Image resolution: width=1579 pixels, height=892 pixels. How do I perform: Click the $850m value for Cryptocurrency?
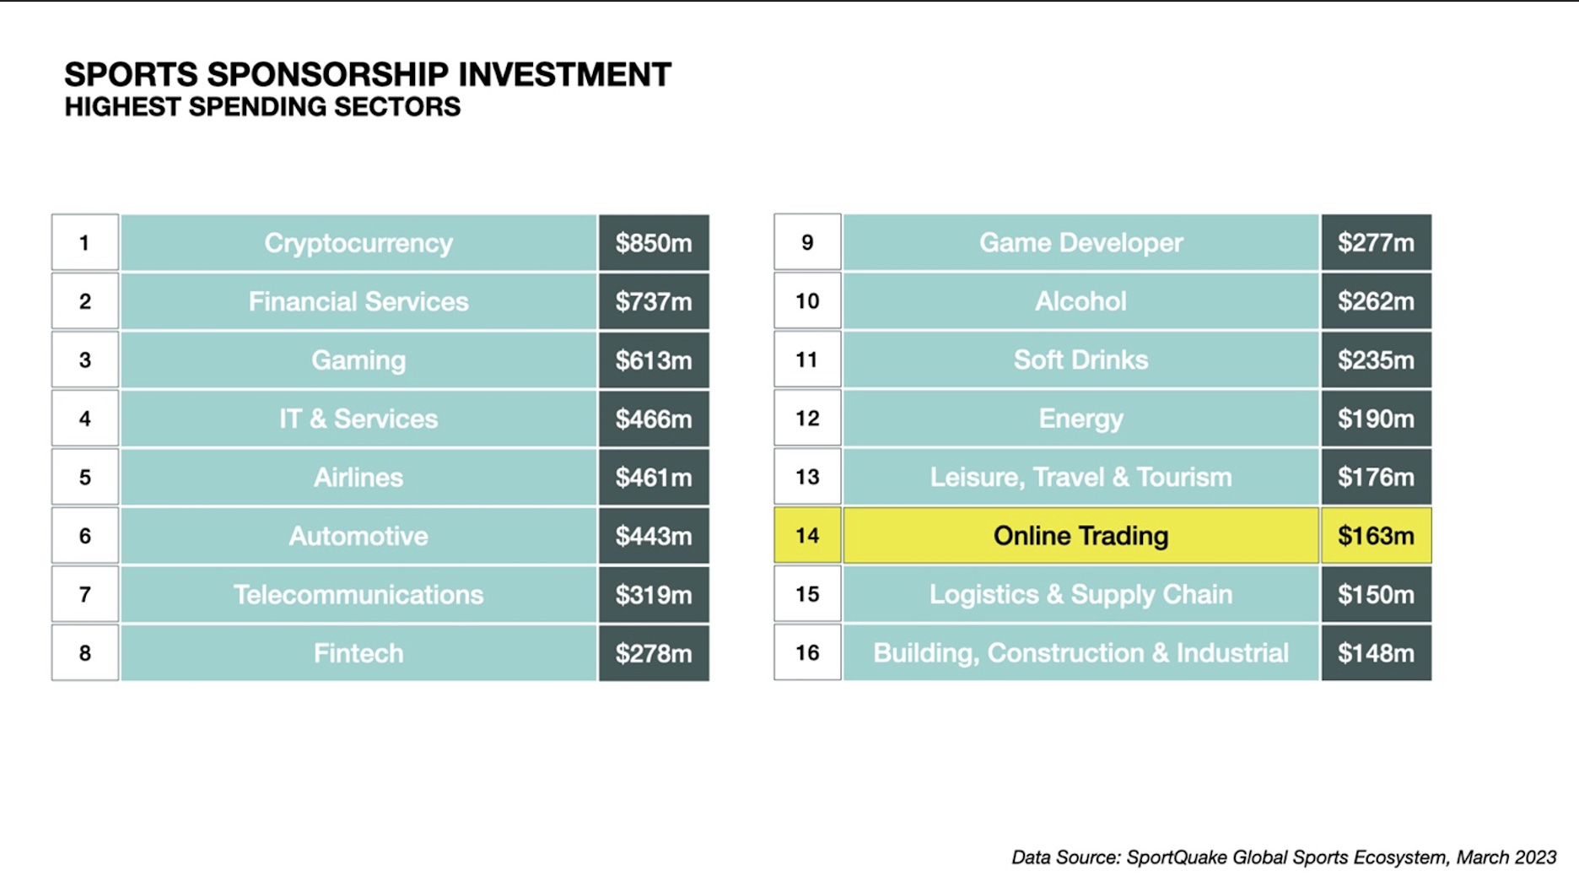[x=653, y=243]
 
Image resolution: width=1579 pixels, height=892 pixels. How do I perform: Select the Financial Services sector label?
[x=358, y=301]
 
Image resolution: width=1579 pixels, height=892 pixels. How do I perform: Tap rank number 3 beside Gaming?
[x=85, y=360]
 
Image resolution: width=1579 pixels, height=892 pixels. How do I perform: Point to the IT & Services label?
[x=358, y=419]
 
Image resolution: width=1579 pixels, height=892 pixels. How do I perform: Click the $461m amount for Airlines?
[x=653, y=478]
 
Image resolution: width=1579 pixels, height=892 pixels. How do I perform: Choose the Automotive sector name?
[x=358, y=536]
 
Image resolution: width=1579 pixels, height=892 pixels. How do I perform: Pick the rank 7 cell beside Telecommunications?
[x=85, y=595]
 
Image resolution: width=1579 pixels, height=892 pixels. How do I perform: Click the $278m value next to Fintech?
[x=653, y=653]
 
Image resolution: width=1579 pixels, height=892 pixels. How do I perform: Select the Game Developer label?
[x=1081, y=243]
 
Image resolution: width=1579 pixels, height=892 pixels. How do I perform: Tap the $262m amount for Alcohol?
[x=1376, y=301]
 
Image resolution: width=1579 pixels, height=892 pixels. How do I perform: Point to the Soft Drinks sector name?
[x=1081, y=360]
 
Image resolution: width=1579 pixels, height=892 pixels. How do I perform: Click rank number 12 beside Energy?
[x=807, y=419]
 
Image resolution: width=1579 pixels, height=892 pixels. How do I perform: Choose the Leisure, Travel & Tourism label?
[x=1081, y=478]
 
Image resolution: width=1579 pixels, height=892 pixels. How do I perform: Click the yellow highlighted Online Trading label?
[x=1081, y=536]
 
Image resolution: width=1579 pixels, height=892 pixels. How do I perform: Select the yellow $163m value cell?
[x=1376, y=536]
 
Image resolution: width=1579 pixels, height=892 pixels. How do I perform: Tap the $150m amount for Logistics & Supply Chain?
[x=1376, y=595]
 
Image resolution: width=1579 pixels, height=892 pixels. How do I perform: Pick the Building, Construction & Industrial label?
[x=1081, y=653]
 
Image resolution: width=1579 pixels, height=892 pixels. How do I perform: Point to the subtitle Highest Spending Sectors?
[x=262, y=107]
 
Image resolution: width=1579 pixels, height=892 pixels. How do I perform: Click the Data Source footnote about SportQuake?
[x=1283, y=857]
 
